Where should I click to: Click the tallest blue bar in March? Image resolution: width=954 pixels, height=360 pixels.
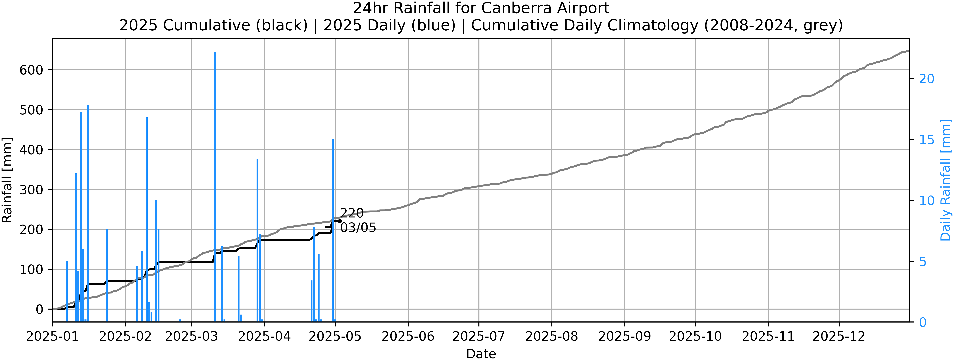[215, 185]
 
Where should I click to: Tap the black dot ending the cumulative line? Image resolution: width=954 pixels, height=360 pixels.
[340, 221]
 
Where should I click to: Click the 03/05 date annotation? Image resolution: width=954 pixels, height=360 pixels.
[358, 228]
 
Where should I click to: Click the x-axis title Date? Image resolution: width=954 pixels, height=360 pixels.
[481, 354]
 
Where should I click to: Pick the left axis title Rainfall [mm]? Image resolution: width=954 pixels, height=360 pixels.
[7, 180]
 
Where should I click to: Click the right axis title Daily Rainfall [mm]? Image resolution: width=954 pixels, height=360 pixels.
[946, 180]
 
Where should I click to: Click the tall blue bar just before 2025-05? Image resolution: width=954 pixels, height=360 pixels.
[333, 230]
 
